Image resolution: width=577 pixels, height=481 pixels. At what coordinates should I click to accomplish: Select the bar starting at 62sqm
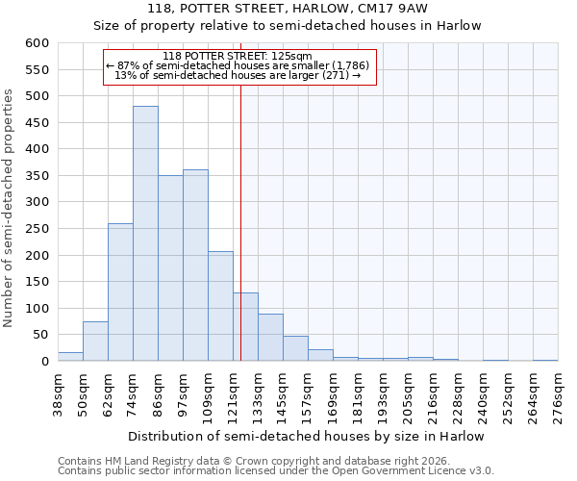coord(120,292)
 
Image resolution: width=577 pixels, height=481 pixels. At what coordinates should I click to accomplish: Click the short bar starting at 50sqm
coord(95,342)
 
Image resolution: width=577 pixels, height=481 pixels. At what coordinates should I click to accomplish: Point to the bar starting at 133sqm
coord(270,338)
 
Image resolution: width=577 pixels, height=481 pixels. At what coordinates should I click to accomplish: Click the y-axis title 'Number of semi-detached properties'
coord(10,208)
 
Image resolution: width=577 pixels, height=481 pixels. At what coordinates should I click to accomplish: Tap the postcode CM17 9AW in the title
coord(395,8)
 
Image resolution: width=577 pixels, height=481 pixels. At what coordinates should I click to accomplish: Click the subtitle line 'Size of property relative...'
coord(292,25)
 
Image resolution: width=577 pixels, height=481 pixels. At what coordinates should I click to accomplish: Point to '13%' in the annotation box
coord(123,75)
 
